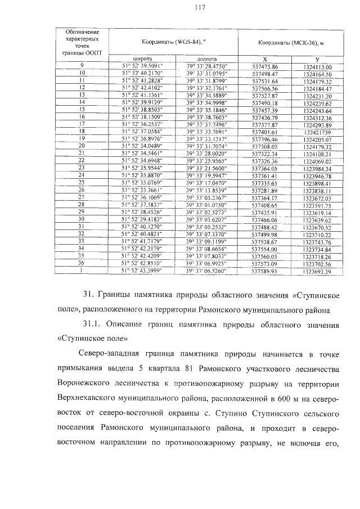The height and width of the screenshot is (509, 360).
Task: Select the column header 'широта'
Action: pyautogui.click(x=142, y=58)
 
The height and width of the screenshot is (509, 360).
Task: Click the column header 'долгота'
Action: pyautogui.click(x=206, y=58)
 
